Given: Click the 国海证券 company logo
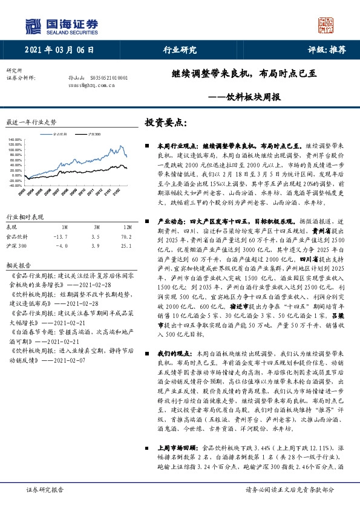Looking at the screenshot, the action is click(61, 26).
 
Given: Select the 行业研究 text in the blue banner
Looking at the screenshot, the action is click(180, 50).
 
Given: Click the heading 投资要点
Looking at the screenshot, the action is click(164, 123).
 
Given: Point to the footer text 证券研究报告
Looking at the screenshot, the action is click(45, 490).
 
